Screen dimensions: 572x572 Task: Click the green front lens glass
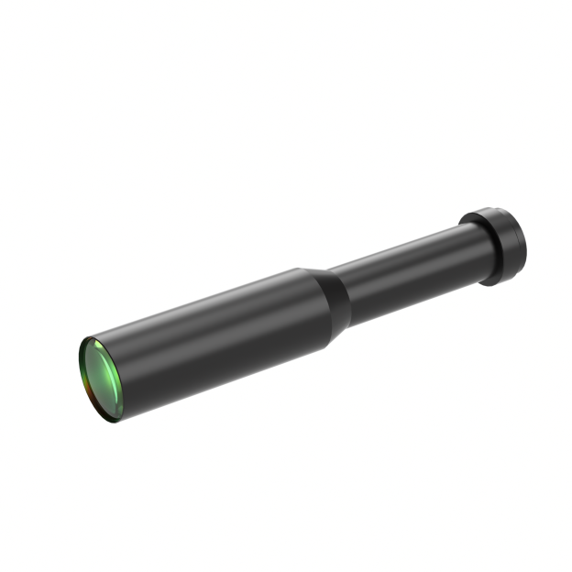point(99,378)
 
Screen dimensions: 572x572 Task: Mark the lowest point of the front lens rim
point(116,423)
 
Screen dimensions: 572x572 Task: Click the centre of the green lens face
point(101,379)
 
